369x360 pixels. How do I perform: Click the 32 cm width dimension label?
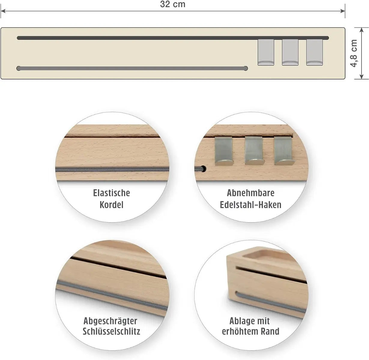click(173, 4)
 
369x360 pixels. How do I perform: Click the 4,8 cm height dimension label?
click(354, 53)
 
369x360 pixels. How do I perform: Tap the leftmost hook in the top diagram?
click(266, 52)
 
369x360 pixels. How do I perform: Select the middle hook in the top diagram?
click(290, 52)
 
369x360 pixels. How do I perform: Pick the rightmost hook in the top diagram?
click(314, 52)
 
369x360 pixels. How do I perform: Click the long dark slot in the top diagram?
click(173, 38)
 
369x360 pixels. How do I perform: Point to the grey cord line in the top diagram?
click(132, 68)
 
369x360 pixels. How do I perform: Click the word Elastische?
click(111, 193)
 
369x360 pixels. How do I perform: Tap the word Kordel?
click(111, 205)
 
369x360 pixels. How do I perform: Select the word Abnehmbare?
click(250, 193)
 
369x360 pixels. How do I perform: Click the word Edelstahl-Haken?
click(250, 205)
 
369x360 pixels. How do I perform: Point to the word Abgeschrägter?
click(110, 321)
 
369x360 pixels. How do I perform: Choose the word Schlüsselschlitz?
click(111, 331)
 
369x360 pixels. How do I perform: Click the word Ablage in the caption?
click(240, 321)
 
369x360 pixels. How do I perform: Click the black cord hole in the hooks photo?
click(203, 168)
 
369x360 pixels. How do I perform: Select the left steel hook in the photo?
click(224, 151)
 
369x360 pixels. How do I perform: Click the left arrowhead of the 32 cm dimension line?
click(3, 11)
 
